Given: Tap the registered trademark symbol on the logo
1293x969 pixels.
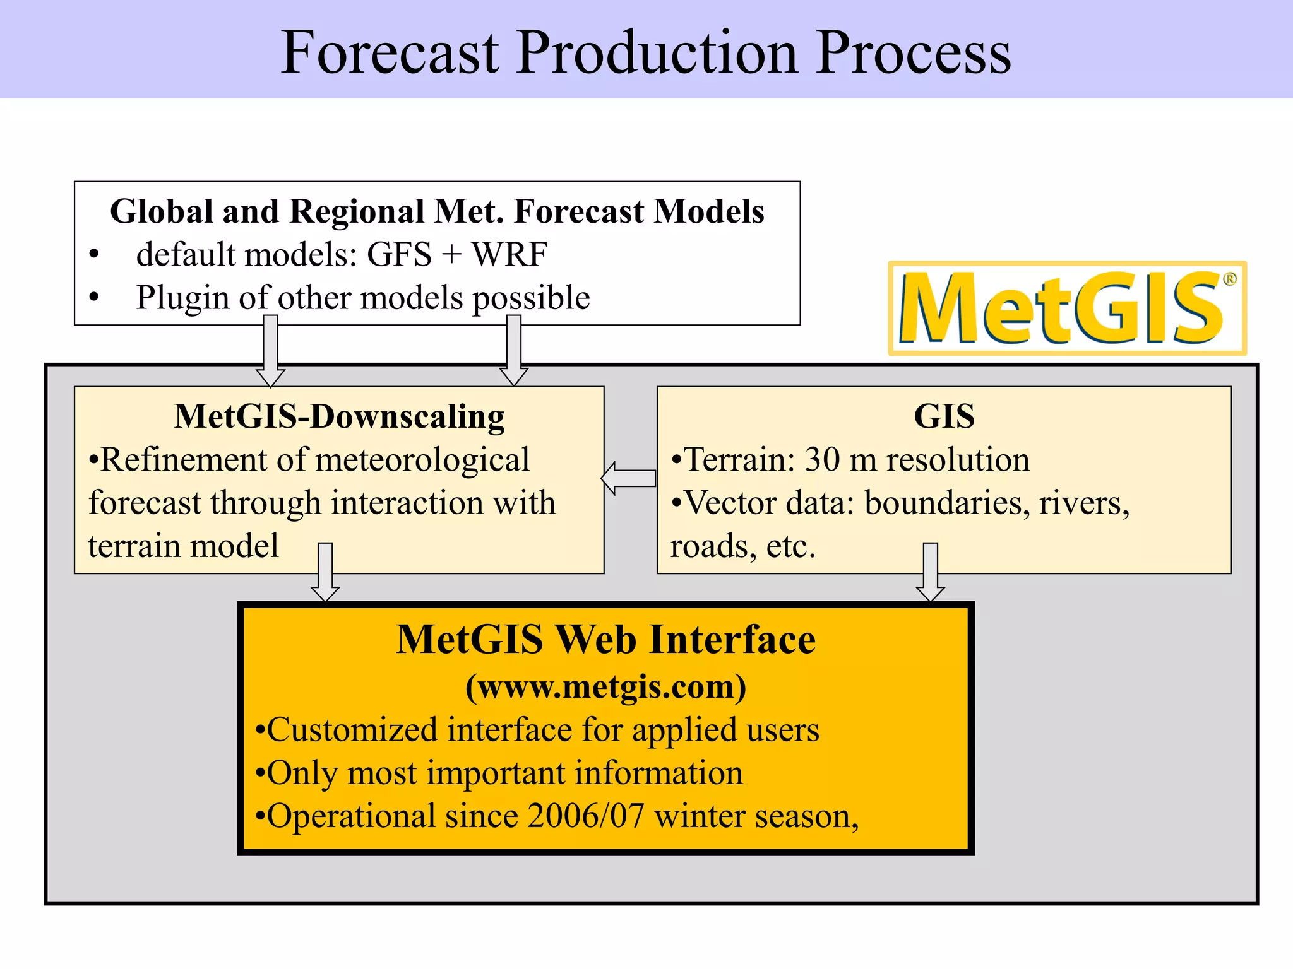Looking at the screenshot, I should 1229,279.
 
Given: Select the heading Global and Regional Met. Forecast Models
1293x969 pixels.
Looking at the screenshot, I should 437,211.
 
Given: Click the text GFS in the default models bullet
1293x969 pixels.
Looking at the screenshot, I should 399,255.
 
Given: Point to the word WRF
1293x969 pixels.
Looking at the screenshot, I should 509,255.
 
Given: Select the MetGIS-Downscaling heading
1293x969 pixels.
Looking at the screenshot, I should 339,416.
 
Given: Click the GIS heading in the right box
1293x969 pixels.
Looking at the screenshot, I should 944,416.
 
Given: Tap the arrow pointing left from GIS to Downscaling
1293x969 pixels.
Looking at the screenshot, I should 628,478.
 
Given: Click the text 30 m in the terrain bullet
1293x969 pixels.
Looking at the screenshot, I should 840,459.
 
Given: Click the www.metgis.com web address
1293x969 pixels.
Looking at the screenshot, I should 605,686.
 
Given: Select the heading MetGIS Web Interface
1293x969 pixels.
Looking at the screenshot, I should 605,640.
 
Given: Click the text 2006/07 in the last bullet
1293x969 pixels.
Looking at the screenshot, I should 585,816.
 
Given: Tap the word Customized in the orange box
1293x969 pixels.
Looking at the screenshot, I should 352,730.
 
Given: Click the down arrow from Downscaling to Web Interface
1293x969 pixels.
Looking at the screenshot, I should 325,572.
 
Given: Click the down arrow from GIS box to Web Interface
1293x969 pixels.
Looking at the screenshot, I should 930,572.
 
